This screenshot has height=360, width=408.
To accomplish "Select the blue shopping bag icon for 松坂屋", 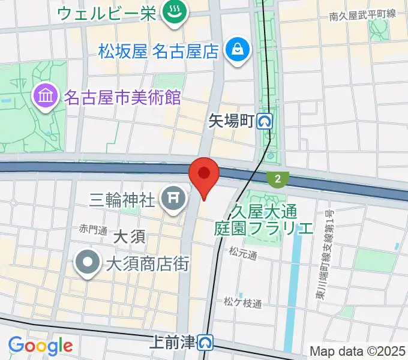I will (238, 50).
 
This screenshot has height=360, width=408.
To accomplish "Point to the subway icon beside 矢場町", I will (265, 122).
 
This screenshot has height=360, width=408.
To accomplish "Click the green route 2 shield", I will (278, 178).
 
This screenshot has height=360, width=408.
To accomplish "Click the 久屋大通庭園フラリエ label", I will (264, 220).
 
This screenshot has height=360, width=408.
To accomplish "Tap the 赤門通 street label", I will (92, 229).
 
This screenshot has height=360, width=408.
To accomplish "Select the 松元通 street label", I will (243, 256).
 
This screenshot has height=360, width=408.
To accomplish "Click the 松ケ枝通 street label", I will (243, 304).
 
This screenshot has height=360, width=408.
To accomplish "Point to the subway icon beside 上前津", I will (206, 343).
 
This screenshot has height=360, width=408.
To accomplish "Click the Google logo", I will (40, 346).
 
